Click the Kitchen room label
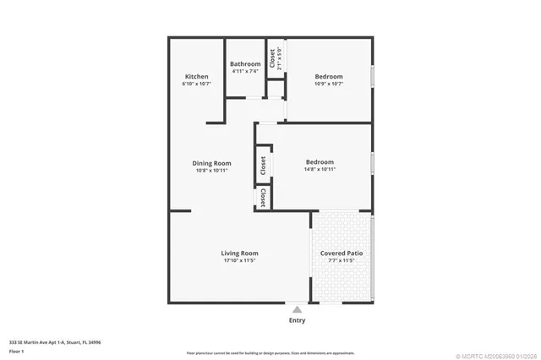coord(196,77)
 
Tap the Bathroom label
coord(244,64)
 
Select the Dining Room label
coord(211,163)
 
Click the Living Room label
coord(240,253)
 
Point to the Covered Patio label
coord(342,253)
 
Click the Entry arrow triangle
coord(297,310)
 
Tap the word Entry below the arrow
coord(297,320)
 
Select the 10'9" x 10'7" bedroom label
coord(328,77)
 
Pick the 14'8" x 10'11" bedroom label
coord(320,162)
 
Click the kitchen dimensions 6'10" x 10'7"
coord(196,85)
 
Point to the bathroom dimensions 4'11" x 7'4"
coord(244,72)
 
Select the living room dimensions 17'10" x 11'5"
coord(240,260)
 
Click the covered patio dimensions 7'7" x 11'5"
coord(342,260)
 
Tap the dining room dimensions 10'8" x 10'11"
coord(211,171)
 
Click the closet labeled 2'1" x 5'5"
coord(272,57)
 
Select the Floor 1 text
coord(16,351)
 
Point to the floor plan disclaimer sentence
coord(270,352)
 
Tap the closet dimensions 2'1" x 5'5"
coord(280,58)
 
